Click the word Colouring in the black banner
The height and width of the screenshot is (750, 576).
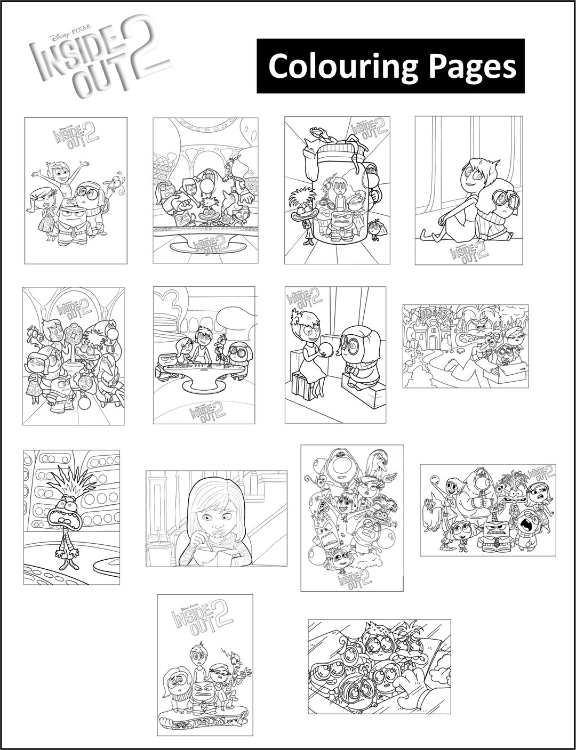click(x=338, y=67)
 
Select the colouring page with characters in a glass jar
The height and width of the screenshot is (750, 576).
click(x=337, y=190)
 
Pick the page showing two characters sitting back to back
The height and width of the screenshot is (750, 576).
click(x=469, y=190)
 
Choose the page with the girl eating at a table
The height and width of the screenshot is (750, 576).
click(x=216, y=518)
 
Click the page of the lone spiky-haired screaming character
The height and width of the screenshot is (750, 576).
click(x=71, y=517)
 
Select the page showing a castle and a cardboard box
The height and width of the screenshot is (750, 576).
click(x=465, y=346)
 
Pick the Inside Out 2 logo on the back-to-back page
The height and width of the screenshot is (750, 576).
click(x=468, y=249)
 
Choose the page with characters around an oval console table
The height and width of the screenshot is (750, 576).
click(x=203, y=355)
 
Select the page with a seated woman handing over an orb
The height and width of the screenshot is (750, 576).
click(x=335, y=355)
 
